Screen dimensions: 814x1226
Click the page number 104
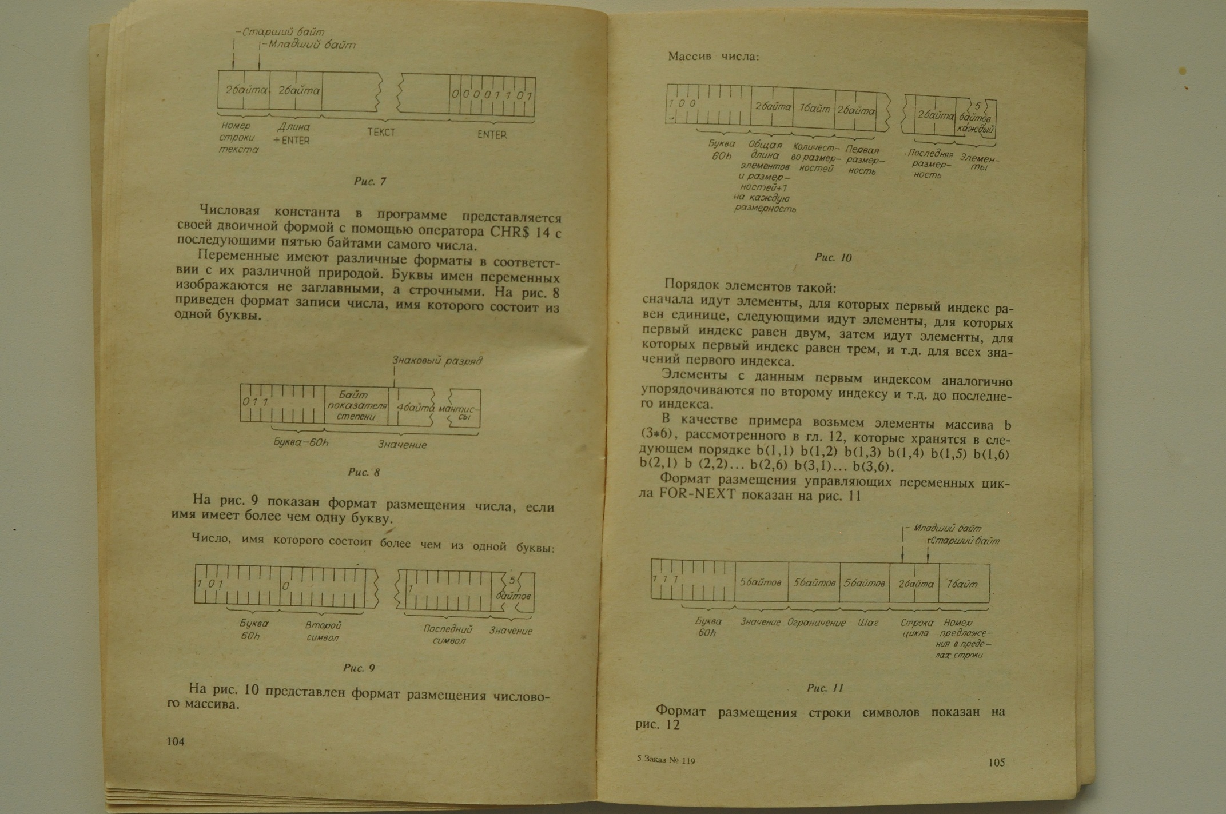click(x=176, y=741)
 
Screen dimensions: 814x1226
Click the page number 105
click(x=996, y=762)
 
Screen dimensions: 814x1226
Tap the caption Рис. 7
click(x=370, y=182)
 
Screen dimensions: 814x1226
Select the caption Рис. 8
click(x=364, y=472)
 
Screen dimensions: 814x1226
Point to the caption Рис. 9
click(x=359, y=668)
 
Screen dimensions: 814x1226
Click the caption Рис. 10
click(x=833, y=258)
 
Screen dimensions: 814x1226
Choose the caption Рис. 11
click(x=825, y=688)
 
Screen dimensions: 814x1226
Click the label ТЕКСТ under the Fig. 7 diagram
click(x=381, y=133)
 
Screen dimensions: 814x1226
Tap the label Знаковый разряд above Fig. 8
click(x=437, y=361)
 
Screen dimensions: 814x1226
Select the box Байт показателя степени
click(x=356, y=405)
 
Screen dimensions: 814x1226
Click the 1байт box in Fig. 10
click(x=814, y=108)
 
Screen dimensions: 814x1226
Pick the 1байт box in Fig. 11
click(x=963, y=584)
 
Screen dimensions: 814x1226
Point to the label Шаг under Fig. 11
click(x=867, y=623)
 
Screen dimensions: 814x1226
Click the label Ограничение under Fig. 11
click(x=816, y=623)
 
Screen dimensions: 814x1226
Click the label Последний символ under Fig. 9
click(x=448, y=635)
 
